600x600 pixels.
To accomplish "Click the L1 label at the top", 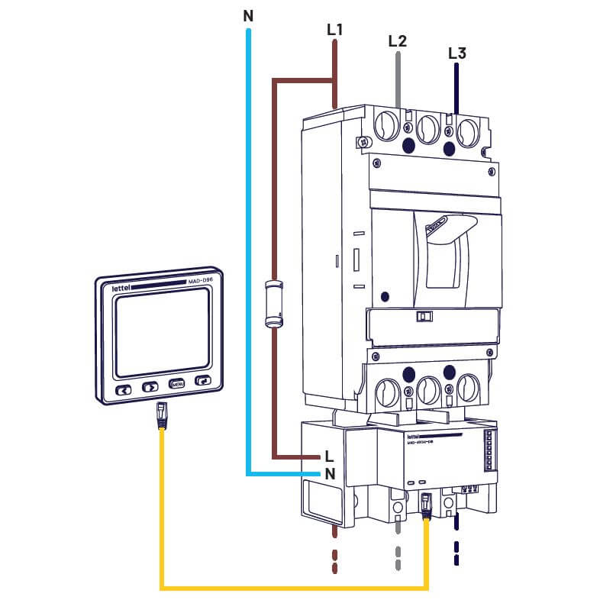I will [x=334, y=31].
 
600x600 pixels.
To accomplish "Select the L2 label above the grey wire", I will [x=397, y=41].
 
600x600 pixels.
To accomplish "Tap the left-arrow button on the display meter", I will [x=123, y=389].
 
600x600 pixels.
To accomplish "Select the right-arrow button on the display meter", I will [x=150, y=387].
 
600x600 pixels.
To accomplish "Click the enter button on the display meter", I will [x=203, y=381].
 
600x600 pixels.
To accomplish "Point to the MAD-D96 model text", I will [x=199, y=282].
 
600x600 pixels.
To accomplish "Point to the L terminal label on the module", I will [x=328, y=456].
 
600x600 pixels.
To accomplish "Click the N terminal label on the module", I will [x=330, y=473].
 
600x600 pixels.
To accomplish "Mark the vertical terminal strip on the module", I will [x=489, y=455].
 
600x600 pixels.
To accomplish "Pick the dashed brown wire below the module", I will [x=334, y=553].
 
